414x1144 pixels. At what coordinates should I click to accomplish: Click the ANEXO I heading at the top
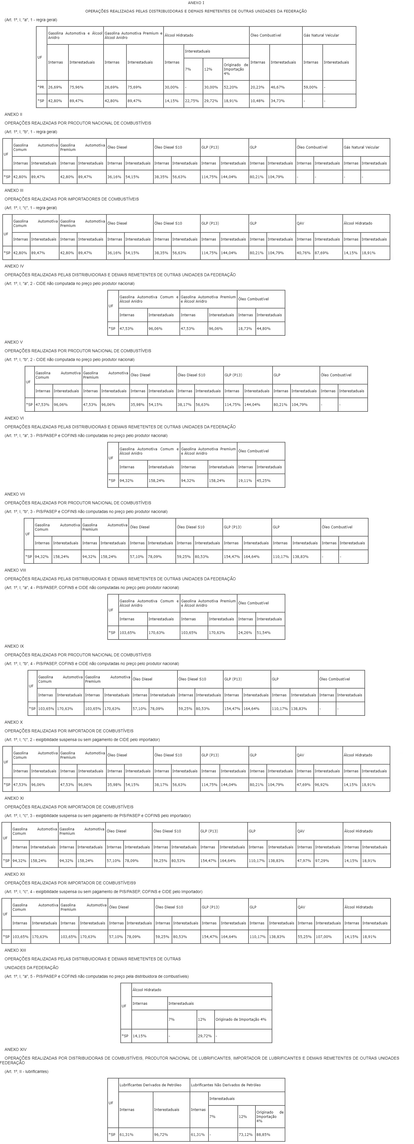196,3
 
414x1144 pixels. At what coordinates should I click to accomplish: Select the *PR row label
41,88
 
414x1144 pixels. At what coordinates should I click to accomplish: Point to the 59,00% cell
310,88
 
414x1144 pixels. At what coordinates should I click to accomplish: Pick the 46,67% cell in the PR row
277,88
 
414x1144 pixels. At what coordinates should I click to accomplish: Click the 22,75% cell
191,101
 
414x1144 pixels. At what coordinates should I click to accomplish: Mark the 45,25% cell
263,480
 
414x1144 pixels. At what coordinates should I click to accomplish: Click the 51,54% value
263,632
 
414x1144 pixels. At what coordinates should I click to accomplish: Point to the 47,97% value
304,861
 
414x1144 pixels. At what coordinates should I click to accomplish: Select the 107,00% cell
323,937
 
